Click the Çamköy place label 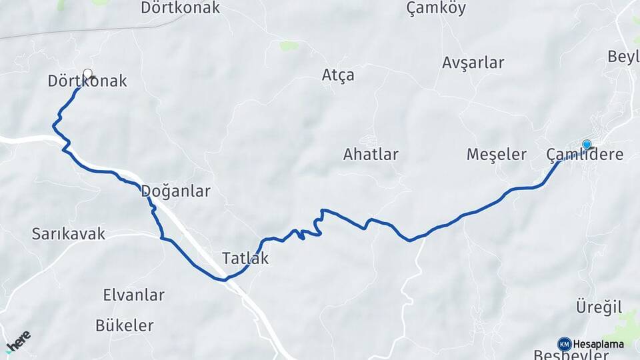tap(436, 9)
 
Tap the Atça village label tap(338, 75)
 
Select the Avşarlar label tap(473, 63)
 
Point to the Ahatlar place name tap(371, 155)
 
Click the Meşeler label tap(496, 155)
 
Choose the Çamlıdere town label tap(585, 155)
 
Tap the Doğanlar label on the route tap(175, 192)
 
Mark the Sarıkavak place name tap(69, 234)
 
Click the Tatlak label tap(245, 258)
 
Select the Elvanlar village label tap(133, 295)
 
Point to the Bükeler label tap(124, 326)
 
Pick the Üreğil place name tap(599, 307)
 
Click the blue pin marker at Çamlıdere tap(587, 145)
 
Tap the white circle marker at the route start tap(87, 73)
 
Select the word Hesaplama tap(598, 344)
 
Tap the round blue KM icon tap(564, 344)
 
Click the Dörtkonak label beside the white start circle tap(87, 82)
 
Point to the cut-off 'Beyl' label tap(623, 57)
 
